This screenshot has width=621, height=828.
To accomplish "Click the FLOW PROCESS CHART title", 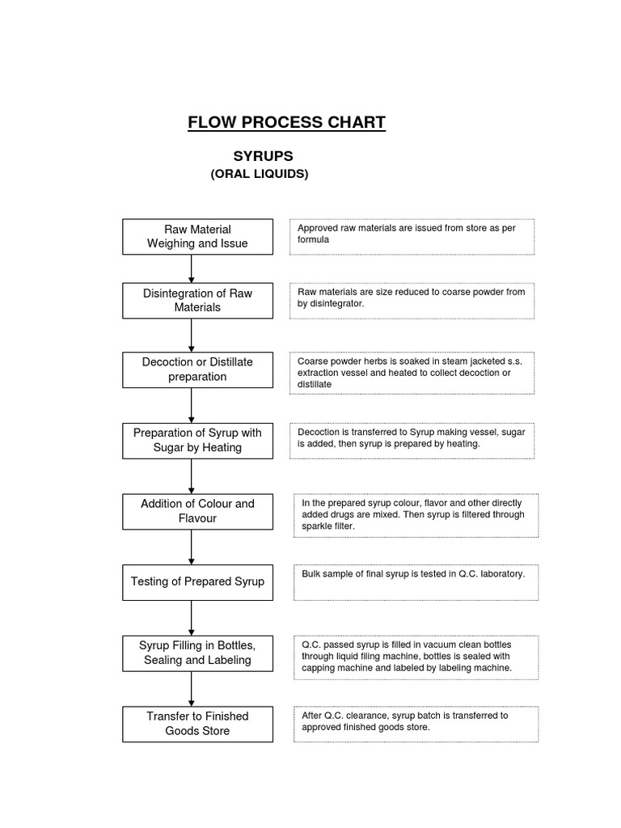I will pyautogui.click(x=286, y=123).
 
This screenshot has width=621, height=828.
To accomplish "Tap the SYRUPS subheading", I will pyautogui.click(x=263, y=155).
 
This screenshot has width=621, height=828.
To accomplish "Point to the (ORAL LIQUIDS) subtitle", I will pyautogui.click(x=259, y=174).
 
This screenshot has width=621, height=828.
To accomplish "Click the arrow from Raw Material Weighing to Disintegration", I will pyautogui.click(x=192, y=268).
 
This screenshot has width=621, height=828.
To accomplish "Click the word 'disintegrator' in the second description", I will pyautogui.click(x=332, y=304).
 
